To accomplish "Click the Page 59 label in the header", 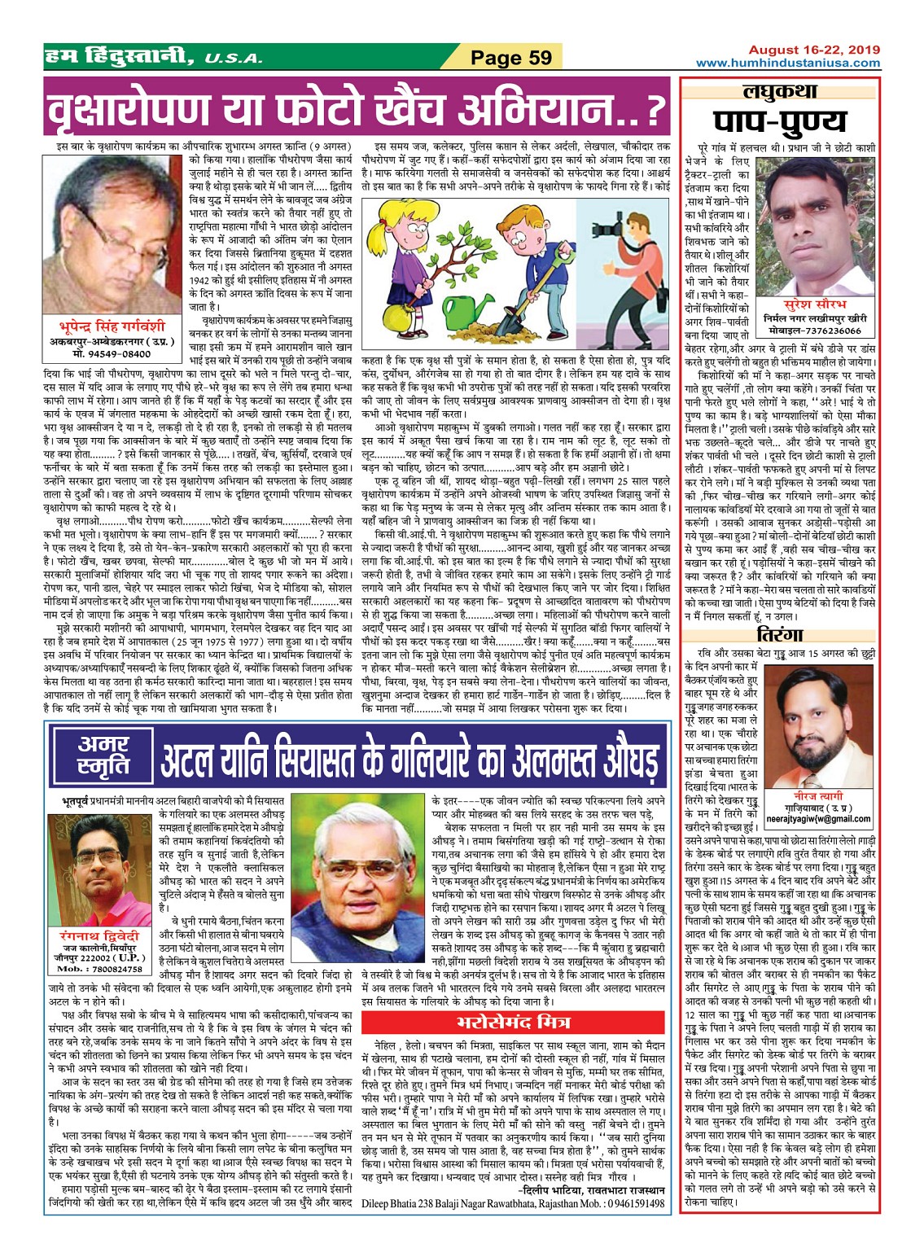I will [511, 57].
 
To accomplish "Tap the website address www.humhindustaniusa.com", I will [788, 63].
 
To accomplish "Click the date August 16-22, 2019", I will [814, 50].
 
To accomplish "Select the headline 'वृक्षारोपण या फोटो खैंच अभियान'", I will [356, 109].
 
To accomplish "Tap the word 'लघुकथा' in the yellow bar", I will [779, 92].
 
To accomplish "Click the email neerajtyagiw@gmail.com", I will [817, 818].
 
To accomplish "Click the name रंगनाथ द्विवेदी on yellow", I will [101, 936].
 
